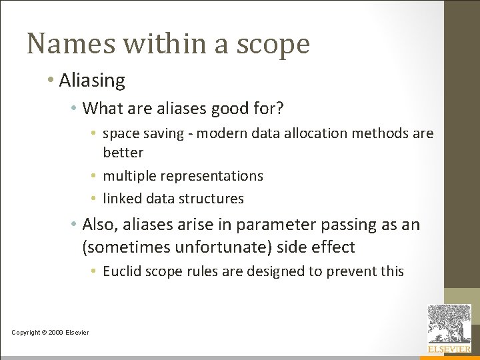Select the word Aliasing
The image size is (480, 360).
[x=92, y=81]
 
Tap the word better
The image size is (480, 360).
[x=123, y=153]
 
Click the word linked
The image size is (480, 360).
[x=122, y=199]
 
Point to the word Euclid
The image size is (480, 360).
[x=121, y=271]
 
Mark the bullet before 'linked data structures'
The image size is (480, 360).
[x=96, y=199]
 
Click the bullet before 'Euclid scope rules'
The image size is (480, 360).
[x=96, y=271]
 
